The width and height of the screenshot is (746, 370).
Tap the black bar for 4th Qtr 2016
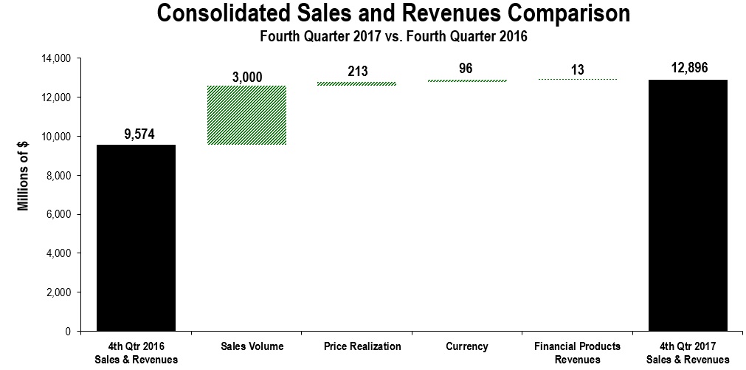pyautogui.click(x=136, y=238)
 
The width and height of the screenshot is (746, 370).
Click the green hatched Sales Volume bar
pyautogui.click(x=246, y=115)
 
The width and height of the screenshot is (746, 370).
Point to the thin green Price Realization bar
pyautogui.click(x=357, y=83)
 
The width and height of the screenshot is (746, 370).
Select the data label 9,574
pyautogui.click(x=136, y=134)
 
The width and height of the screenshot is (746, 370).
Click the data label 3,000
pyautogui.click(x=246, y=77)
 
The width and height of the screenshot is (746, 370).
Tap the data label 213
pyautogui.click(x=357, y=72)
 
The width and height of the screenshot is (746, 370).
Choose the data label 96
pyautogui.click(x=467, y=69)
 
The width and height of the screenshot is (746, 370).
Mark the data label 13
pyautogui.click(x=578, y=69)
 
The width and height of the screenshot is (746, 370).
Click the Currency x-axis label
pyautogui.click(x=467, y=346)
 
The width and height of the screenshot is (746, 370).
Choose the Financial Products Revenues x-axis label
pyautogui.click(x=578, y=352)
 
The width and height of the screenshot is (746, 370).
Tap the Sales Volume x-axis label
pyautogui.click(x=246, y=346)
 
